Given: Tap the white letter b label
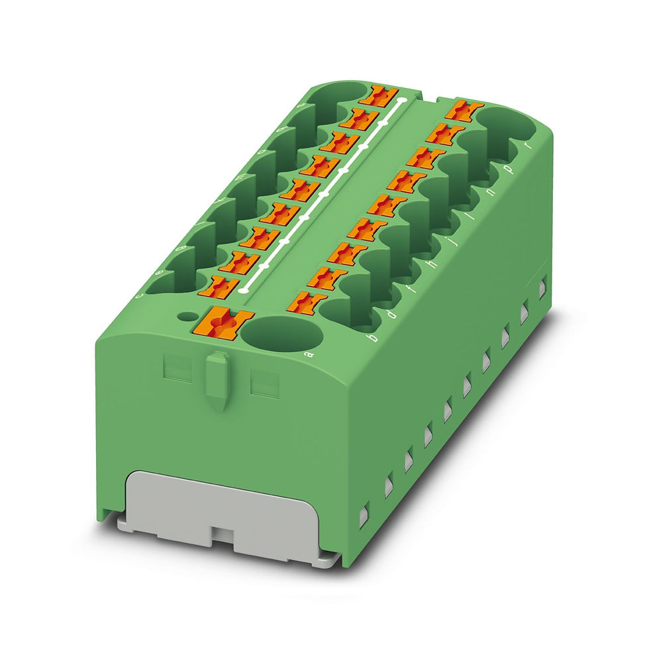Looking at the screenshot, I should point(372,338).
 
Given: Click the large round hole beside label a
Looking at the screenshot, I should point(281,333).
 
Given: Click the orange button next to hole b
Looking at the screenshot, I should point(307,301).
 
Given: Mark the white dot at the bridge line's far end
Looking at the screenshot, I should point(402,102).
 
